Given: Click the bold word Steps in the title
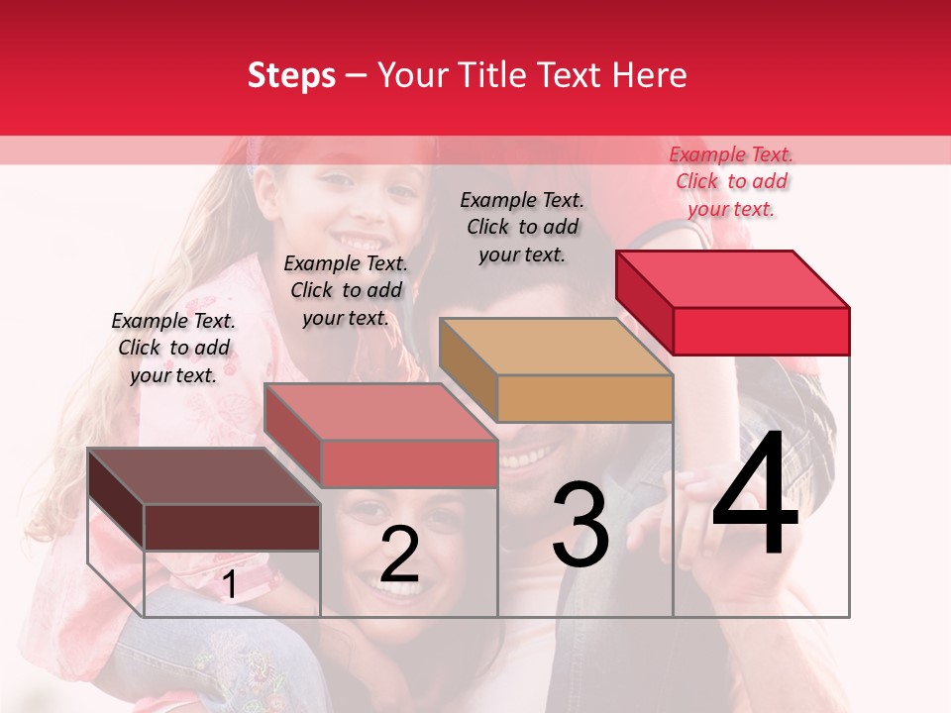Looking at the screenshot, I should pyautogui.click(x=291, y=75).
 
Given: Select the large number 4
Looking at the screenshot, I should pyautogui.click(x=755, y=495).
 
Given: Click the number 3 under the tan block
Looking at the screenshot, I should pyautogui.click(x=581, y=524).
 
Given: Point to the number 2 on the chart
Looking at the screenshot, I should pyautogui.click(x=399, y=555).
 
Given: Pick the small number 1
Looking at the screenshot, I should pyautogui.click(x=229, y=585).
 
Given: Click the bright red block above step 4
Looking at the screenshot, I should pyautogui.click(x=733, y=302).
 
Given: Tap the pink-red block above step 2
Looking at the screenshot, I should pyautogui.click(x=381, y=436).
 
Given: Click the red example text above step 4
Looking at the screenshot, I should pyautogui.click(x=731, y=181).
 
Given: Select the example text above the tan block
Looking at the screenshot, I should pyautogui.click(x=522, y=227).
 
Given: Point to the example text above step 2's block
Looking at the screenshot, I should pyautogui.click(x=346, y=290).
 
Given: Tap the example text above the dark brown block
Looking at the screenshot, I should pyautogui.click(x=173, y=348).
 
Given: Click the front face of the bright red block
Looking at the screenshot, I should pyautogui.click(x=761, y=331).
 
